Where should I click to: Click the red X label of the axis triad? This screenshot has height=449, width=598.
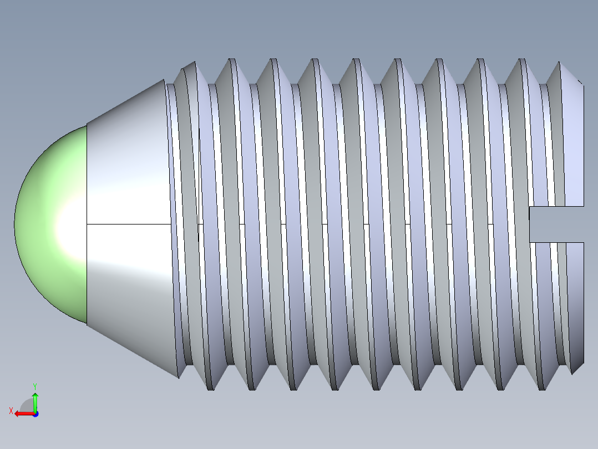click(x=11, y=411)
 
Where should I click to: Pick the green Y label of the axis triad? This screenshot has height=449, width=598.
click(x=35, y=386)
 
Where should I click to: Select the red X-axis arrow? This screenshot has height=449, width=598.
click(x=22, y=413)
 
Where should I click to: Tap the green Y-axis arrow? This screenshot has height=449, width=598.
click(x=35, y=401)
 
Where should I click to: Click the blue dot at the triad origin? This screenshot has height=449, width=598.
click(x=35, y=414)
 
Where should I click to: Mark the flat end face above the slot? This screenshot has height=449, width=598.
click(x=574, y=144)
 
